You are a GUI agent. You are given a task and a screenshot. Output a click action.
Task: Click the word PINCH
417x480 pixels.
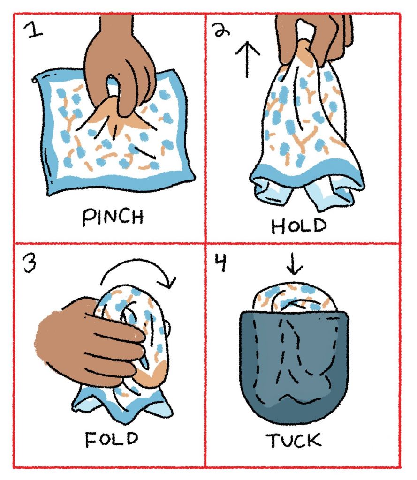[x=113, y=217]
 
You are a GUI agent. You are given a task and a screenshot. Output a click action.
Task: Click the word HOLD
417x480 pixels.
[x=299, y=226]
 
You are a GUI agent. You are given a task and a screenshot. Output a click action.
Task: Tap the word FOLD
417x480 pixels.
[x=112, y=439]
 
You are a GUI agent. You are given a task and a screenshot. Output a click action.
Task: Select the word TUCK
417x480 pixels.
[x=294, y=441]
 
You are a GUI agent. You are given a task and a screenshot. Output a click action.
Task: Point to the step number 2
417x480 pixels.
[x=221, y=30]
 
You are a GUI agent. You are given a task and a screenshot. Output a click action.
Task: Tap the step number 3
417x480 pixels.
[x=30, y=263]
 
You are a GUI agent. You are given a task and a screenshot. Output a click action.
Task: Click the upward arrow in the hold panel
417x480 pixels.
[x=247, y=60]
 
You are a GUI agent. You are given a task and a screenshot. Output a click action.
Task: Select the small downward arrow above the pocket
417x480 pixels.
[x=294, y=263]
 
